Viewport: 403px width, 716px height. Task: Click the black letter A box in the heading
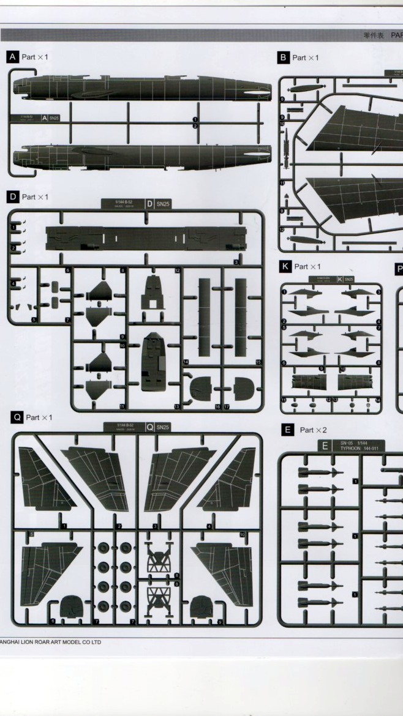[x=12, y=57]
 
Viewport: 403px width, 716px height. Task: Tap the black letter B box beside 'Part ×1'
[x=283, y=58]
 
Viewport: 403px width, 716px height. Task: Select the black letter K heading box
[x=285, y=267]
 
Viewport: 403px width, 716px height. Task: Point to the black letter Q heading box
[x=17, y=417]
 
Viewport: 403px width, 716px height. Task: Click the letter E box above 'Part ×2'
[x=287, y=430]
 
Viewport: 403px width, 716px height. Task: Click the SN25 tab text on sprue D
[x=162, y=204]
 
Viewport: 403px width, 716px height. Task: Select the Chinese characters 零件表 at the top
[x=373, y=35]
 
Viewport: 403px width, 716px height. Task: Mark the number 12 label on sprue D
[x=177, y=270]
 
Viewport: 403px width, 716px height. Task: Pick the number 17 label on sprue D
[x=227, y=406]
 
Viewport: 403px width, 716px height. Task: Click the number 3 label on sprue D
[x=236, y=262]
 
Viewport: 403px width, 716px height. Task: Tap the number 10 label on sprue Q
[x=242, y=535]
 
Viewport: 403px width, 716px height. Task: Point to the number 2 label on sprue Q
[x=119, y=526]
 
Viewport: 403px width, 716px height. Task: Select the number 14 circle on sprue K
[x=378, y=400]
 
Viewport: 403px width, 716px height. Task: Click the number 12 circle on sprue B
[x=282, y=229]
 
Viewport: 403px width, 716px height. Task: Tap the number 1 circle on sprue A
[x=195, y=119]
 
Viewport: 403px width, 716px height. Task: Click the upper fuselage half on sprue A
[x=141, y=89]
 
